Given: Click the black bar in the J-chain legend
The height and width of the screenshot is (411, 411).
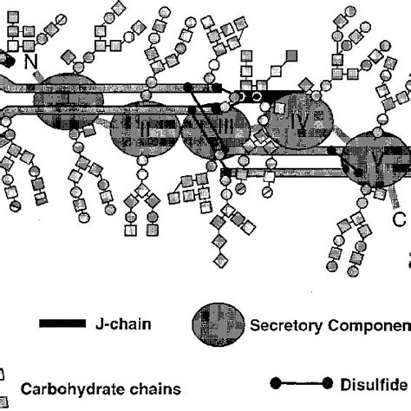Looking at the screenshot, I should [60, 324].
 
